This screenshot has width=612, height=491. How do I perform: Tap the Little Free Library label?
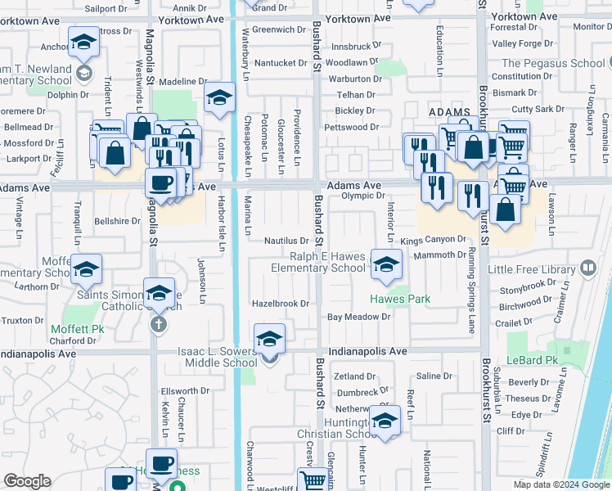(532, 269)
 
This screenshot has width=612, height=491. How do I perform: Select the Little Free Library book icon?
(587, 268)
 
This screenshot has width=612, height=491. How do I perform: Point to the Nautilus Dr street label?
(286, 241)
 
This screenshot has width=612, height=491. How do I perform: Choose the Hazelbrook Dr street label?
(280, 303)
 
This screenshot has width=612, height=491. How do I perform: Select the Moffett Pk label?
(86, 328)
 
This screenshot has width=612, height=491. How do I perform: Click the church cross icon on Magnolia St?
(159, 324)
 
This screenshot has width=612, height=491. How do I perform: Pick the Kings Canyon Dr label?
(433, 240)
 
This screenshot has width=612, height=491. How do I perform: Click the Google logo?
(27, 481)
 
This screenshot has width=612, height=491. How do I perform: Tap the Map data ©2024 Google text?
(561, 484)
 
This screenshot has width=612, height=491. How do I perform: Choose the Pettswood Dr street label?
(351, 127)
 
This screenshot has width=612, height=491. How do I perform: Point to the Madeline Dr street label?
(182, 81)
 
